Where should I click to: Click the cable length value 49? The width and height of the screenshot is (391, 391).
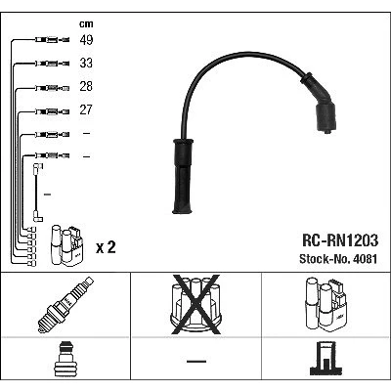coord(86,40)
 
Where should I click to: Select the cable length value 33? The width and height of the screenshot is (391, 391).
coord(86,63)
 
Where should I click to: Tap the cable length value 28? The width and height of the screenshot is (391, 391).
coord(86,86)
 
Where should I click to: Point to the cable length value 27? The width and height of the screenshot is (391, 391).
coord(86,109)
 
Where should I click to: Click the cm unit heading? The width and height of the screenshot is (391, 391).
coord(86,23)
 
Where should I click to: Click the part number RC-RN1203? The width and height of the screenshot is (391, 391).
coord(340,240)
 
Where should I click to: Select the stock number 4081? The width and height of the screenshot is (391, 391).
coord(365,259)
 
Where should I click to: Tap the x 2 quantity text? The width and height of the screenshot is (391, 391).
coord(106,248)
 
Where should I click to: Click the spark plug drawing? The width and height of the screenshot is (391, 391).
coord(65,304)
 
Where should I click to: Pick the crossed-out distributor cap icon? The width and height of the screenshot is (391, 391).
coord(196,304)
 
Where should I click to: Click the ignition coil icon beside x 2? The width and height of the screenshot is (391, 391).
coord(66,245)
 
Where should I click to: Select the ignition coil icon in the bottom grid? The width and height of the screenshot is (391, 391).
coord(326,304)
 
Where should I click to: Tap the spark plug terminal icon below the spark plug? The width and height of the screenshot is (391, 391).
coord(65,360)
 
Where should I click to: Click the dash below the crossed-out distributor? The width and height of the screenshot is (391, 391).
coord(196,362)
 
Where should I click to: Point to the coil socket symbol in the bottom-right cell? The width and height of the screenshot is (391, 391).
coord(326,358)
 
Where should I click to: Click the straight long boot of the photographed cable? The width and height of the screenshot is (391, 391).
coord(183,176)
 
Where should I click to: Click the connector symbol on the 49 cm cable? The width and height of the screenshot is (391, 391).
coord(52,40)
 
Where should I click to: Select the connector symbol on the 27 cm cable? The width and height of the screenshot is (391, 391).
coord(52,111)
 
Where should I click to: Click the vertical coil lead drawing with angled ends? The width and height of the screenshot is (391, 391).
coord(37,193)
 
